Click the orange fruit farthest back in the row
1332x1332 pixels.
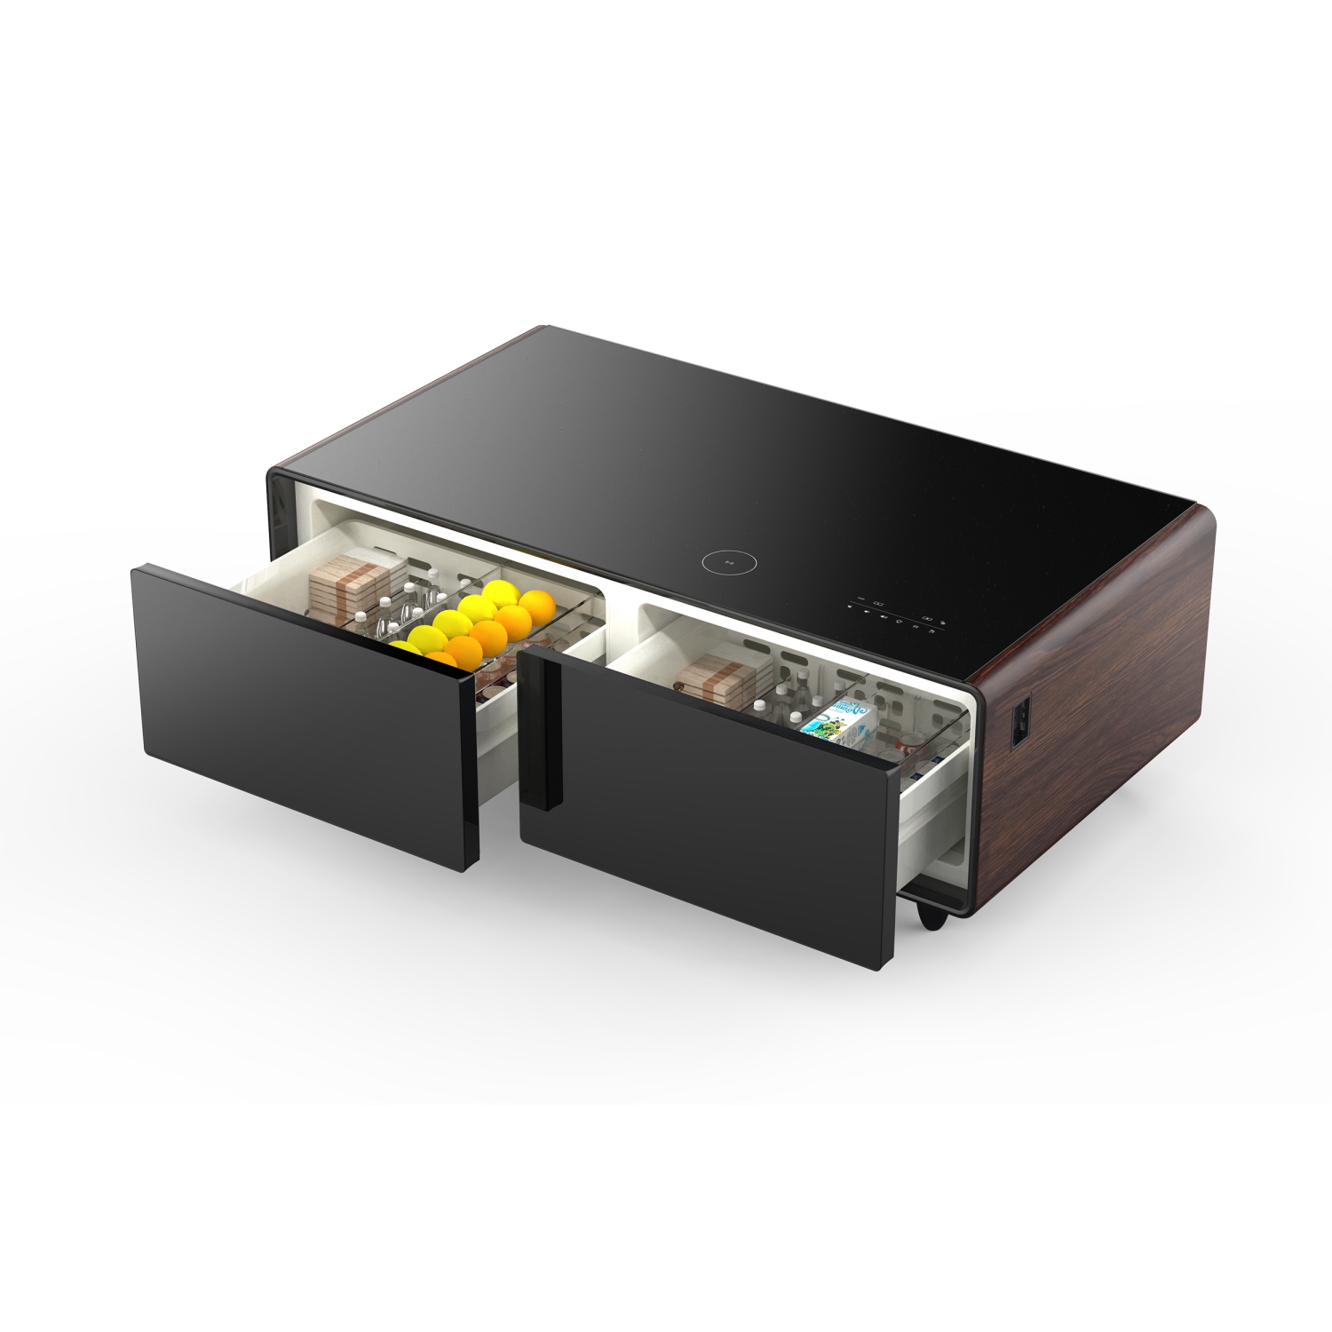point(536,604)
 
